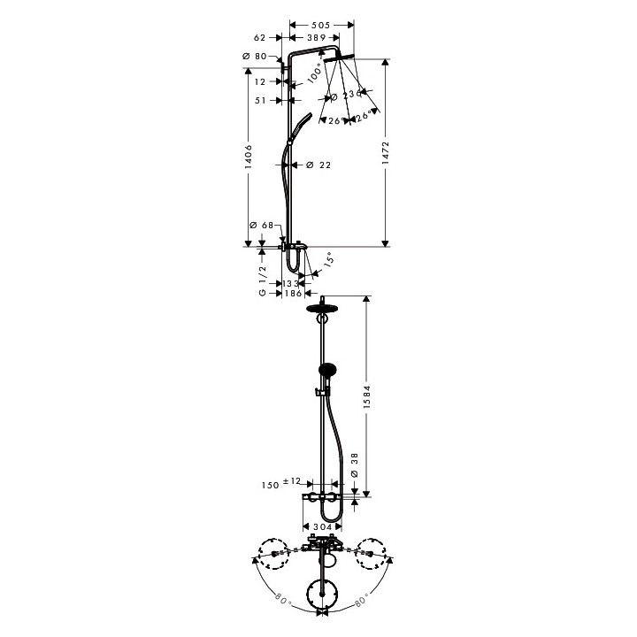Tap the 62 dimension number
pyautogui.click(x=259, y=38)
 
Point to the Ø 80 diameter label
pyautogui.click(x=254, y=57)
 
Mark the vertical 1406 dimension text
pyautogui.click(x=249, y=156)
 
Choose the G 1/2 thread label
pyautogui.click(x=262, y=282)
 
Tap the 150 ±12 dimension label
pyautogui.click(x=283, y=484)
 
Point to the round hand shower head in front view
pyautogui.click(x=326, y=371)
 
